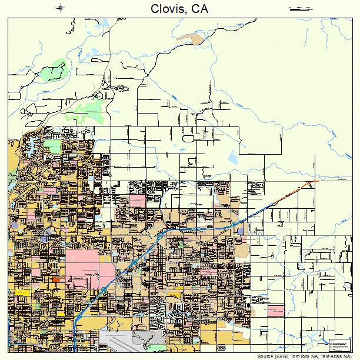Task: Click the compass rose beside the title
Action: [x=62, y=8]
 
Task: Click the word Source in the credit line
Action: [x=265, y=356]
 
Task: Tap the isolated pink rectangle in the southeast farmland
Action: [x=275, y=309]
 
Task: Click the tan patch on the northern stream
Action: [x=196, y=39]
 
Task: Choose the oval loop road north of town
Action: [x=188, y=138]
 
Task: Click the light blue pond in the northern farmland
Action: [x=233, y=157]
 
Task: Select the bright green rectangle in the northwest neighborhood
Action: [x=52, y=145]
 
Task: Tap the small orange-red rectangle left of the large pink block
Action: [x=56, y=279]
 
